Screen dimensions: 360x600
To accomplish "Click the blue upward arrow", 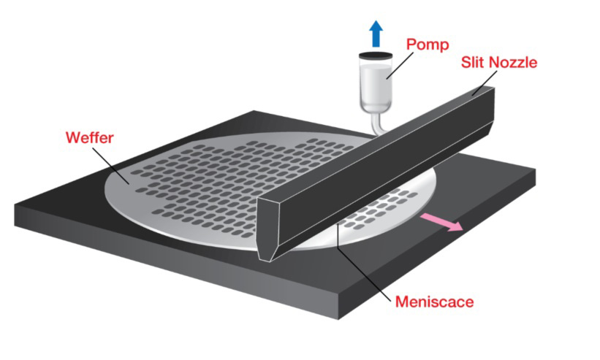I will click(376, 34).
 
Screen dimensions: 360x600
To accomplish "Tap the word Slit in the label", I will click(472, 62).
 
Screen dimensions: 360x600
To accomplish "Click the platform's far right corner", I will click(534, 172).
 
